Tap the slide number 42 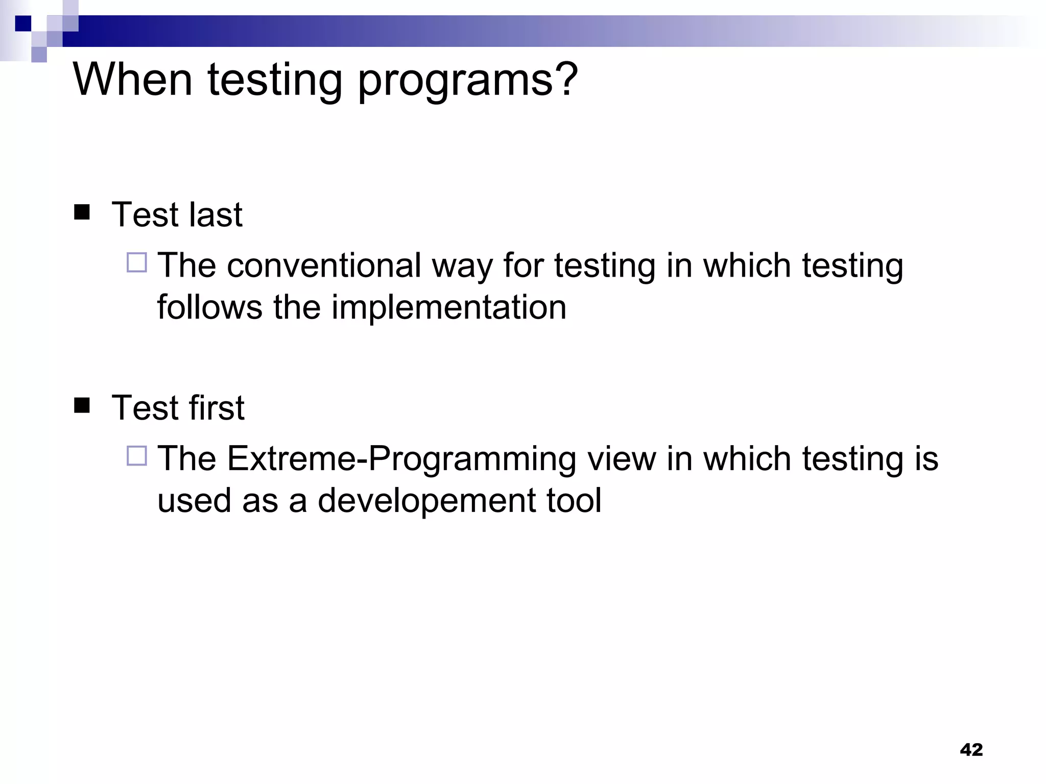(971, 749)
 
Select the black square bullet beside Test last (82, 212)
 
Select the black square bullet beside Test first (82, 405)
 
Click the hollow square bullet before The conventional (137, 262)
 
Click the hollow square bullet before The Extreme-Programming (137, 455)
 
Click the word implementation (449, 307)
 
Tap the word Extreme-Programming (401, 459)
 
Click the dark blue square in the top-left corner (23, 23)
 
